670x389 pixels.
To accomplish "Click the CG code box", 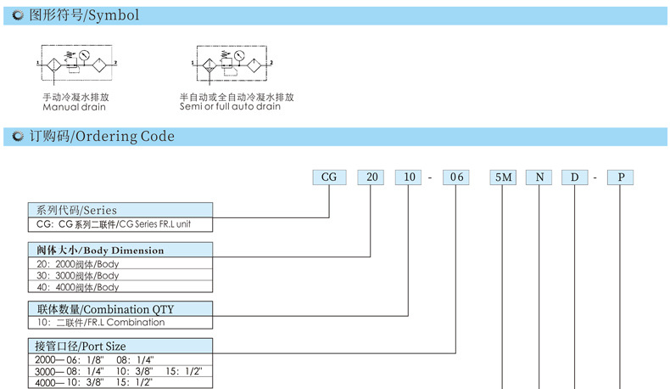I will click(x=328, y=178).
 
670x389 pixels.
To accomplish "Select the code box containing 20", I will click(x=371, y=178).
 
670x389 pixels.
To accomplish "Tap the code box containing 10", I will click(x=410, y=178).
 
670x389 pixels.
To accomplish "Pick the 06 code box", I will click(x=456, y=178).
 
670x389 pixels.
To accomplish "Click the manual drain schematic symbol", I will click(x=76, y=64).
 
